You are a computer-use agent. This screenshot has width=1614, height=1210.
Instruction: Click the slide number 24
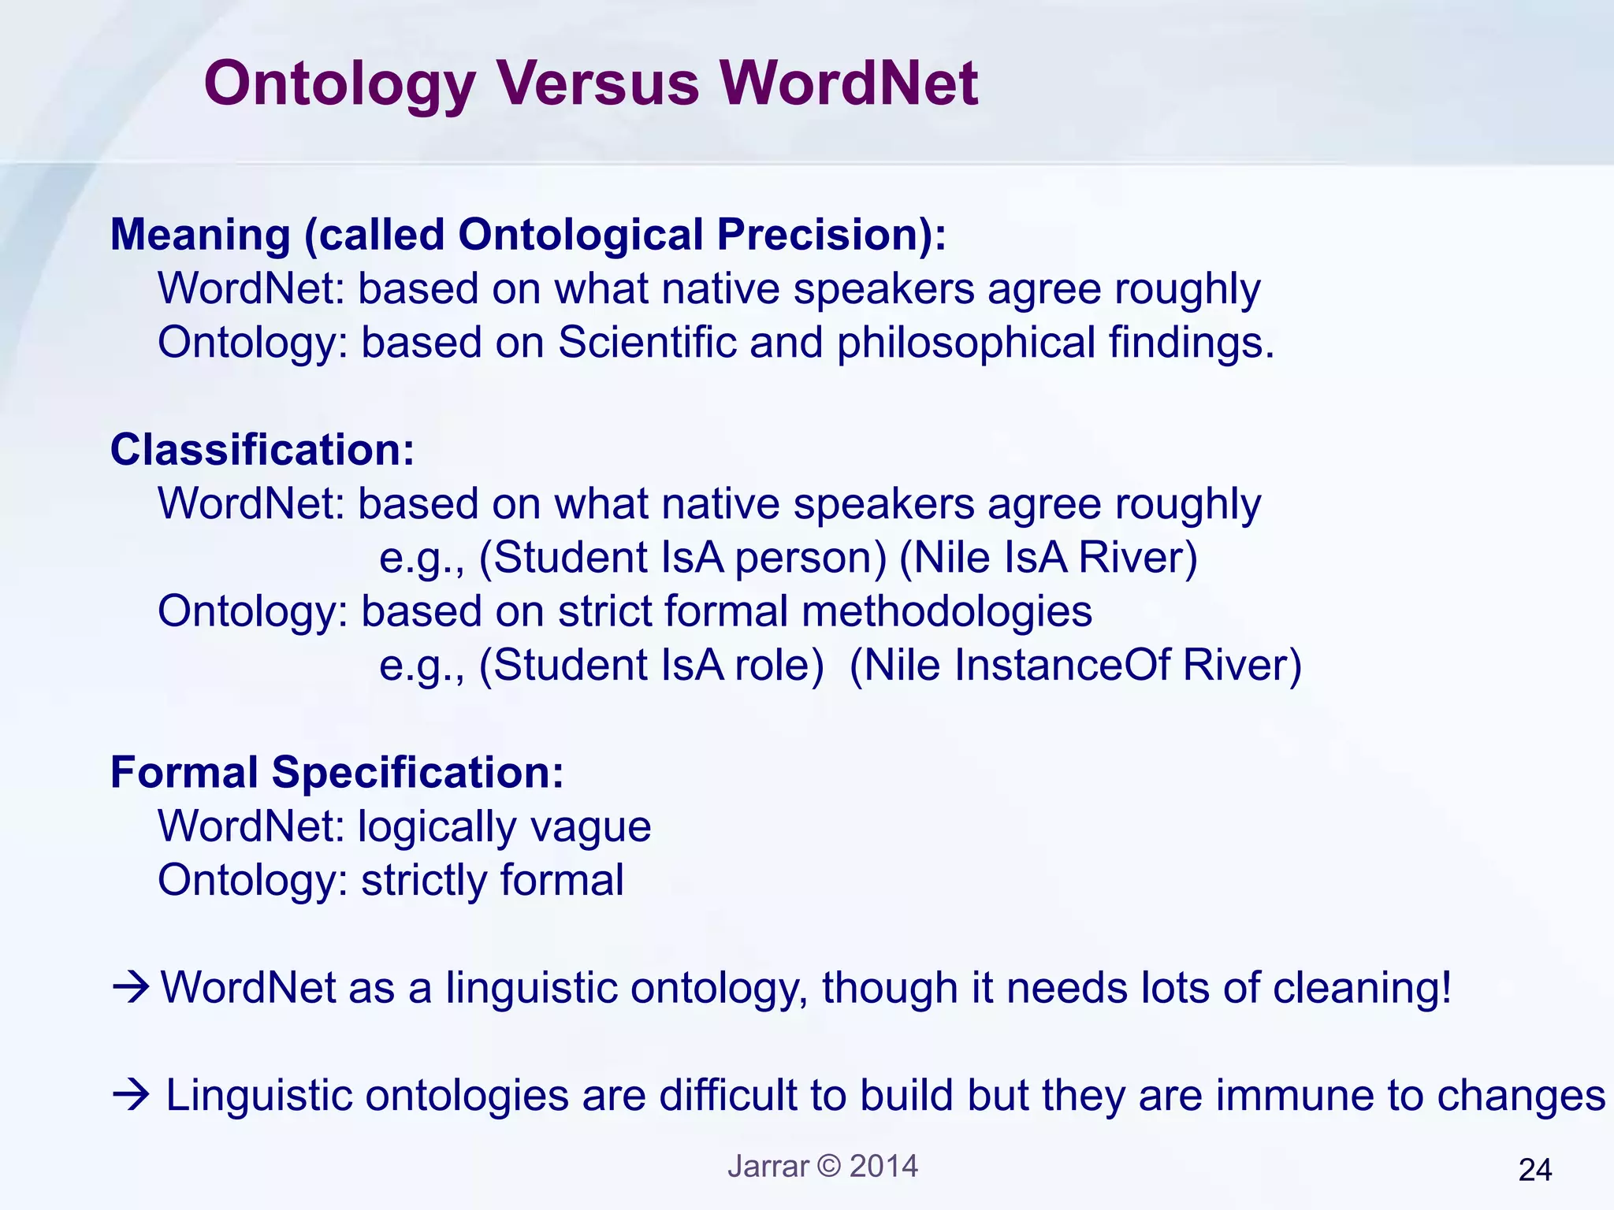coord(1534,1171)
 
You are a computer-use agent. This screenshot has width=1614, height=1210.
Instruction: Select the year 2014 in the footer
coord(883,1166)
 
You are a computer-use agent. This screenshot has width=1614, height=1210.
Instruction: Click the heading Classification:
coord(262,450)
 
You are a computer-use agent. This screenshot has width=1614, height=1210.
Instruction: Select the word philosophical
coord(965,344)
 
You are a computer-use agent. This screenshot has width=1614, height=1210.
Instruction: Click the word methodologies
coord(946,611)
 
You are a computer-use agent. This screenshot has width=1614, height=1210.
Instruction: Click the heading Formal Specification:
coord(337,772)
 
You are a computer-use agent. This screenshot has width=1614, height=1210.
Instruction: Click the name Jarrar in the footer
coord(768,1166)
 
